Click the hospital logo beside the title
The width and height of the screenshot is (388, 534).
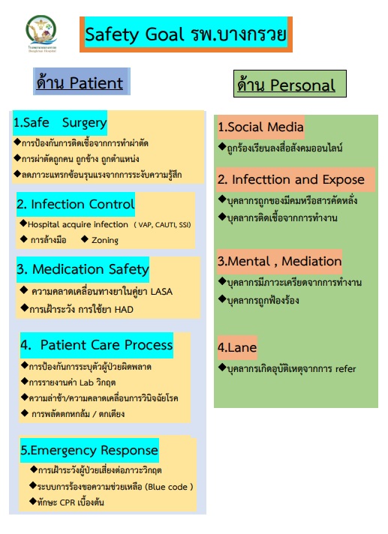coord(41,33)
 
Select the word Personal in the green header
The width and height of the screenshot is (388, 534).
coord(303,85)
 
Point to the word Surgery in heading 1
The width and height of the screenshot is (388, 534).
coord(85,123)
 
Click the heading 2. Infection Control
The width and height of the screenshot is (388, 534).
coord(76,204)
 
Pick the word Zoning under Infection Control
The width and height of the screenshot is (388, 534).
coord(105,240)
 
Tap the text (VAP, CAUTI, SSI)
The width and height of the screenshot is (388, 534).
coord(162,225)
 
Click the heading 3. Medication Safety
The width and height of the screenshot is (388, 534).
coord(83,269)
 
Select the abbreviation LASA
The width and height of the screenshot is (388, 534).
coord(161,292)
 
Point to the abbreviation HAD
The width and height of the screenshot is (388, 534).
coord(124,309)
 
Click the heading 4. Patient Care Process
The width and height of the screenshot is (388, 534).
coord(97,345)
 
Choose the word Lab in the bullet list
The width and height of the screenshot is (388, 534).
coord(86,382)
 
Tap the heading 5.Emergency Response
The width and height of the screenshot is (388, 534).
coord(89,451)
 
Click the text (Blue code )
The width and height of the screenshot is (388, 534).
coord(169,487)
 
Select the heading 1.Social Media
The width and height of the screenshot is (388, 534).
coord(260,127)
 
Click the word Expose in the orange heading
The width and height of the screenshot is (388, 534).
coord(344,179)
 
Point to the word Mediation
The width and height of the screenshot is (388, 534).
coord(311,261)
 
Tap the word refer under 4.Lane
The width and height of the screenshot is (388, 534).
coord(345,369)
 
